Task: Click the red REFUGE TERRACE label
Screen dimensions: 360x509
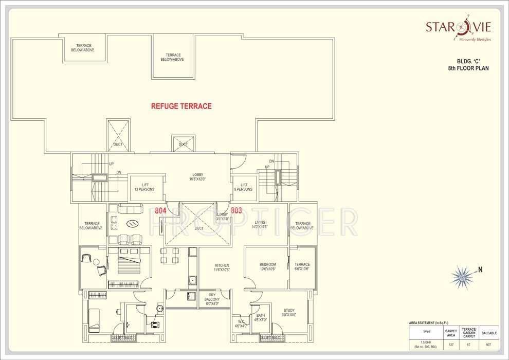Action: (x=181, y=106)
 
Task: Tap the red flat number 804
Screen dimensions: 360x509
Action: (x=161, y=210)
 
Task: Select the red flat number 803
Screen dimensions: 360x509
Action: (x=236, y=210)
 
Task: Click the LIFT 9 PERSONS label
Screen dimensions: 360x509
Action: (x=244, y=187)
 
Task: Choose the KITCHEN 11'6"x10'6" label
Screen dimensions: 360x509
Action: (x=222, y=267)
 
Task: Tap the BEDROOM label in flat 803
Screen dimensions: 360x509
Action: (x=267, y=266)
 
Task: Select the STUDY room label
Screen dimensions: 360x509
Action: (x=289, y=312)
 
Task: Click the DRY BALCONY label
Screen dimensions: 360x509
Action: (x=212, y=299)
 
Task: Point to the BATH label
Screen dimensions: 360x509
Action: (x=261, y=317)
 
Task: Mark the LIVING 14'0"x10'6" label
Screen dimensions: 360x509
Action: (x=260, y=224)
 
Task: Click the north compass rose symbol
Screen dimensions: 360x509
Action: (x=461, y=277)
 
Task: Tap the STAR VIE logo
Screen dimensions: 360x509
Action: (x=458, y=27)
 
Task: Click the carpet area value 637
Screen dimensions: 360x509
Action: (x=451, y=344)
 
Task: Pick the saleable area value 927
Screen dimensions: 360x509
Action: (x=488, y=344)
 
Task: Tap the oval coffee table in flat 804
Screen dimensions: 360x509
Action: (x=132, y=224)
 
